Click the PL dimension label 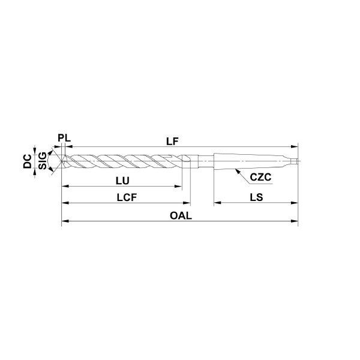(64, 138)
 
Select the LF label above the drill (172, 142)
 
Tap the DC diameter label (28, 161)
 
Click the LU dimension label (122, 181)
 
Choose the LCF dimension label (127, 197)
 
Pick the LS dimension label (256, 197)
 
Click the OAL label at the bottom (181, 215)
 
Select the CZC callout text (260, 177)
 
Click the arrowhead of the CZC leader (237, 171)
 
